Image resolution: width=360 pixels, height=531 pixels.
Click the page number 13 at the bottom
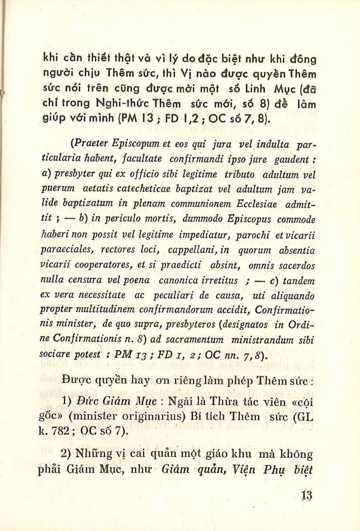click(308, 495)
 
